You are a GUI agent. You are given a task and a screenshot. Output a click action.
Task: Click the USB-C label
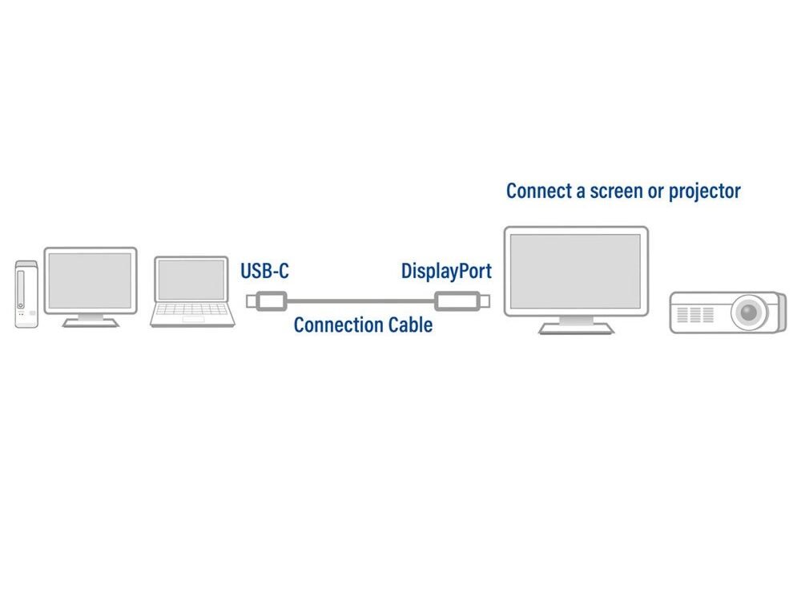264,271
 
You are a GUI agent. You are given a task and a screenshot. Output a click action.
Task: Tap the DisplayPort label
446,271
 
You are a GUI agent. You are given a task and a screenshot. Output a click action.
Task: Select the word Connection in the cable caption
339,325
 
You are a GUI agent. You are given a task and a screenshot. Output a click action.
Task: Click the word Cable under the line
410,325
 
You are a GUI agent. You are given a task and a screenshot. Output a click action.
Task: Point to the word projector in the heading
699,192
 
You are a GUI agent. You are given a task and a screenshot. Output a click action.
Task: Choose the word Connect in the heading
538,192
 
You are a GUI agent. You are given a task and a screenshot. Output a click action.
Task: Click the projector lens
748,311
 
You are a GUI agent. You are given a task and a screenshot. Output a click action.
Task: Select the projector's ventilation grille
694,314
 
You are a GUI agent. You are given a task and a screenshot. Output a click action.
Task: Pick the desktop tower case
26,293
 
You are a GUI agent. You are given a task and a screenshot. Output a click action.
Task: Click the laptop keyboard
192,311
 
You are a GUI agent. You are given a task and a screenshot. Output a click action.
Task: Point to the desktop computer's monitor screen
90,280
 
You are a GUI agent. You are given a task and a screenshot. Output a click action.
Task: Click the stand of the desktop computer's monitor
90,321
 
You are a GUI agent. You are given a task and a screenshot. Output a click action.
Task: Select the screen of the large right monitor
575,270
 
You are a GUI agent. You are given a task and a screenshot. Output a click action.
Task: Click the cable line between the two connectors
360,302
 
